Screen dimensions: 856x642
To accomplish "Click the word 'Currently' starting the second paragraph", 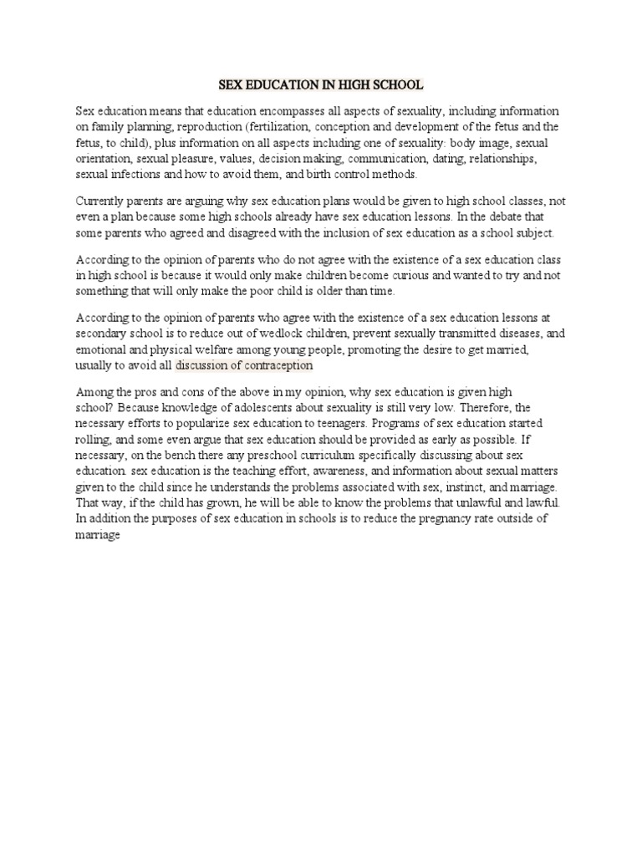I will tap(101, 201).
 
